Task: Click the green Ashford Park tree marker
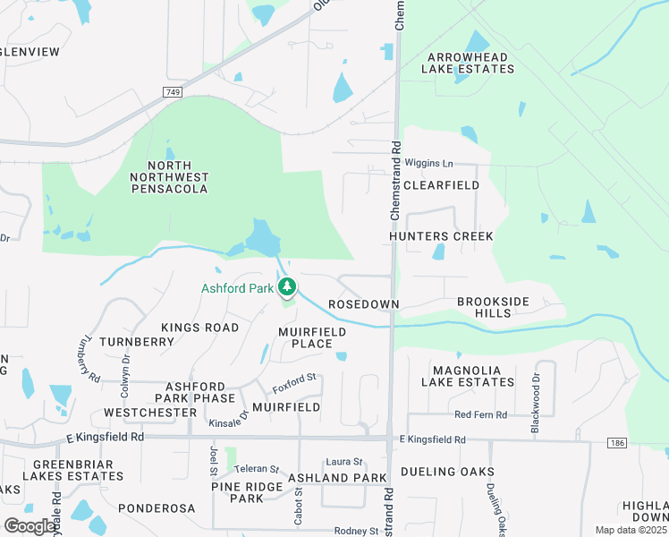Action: [287, 287]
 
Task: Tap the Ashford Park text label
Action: [237, 288]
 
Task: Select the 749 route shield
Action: [174, 92]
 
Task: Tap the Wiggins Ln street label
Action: [429, 164]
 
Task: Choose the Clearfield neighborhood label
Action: [441, 185]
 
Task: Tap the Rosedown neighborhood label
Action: [363, 304]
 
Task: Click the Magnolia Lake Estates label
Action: [473, 376]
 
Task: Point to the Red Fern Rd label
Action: [480, 414]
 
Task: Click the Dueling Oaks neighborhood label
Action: [447, 471]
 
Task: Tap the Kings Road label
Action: [199, 328]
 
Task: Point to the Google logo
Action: [30, 525]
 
